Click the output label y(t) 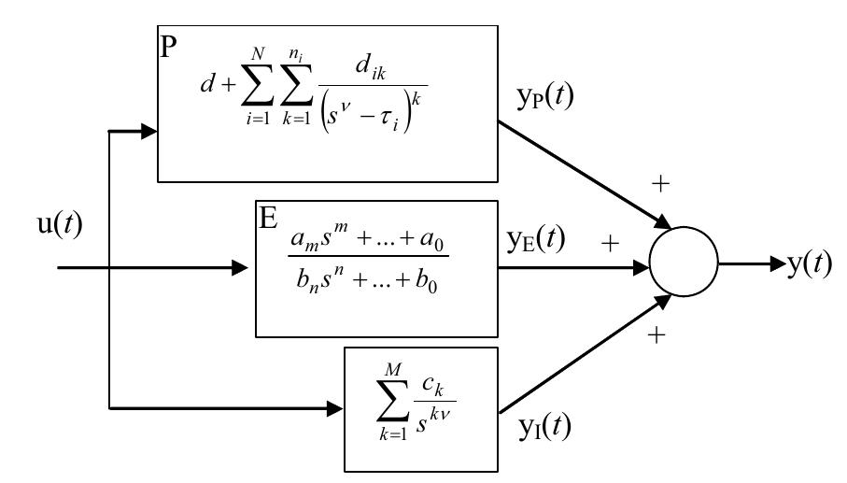807,264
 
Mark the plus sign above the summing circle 661,184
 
